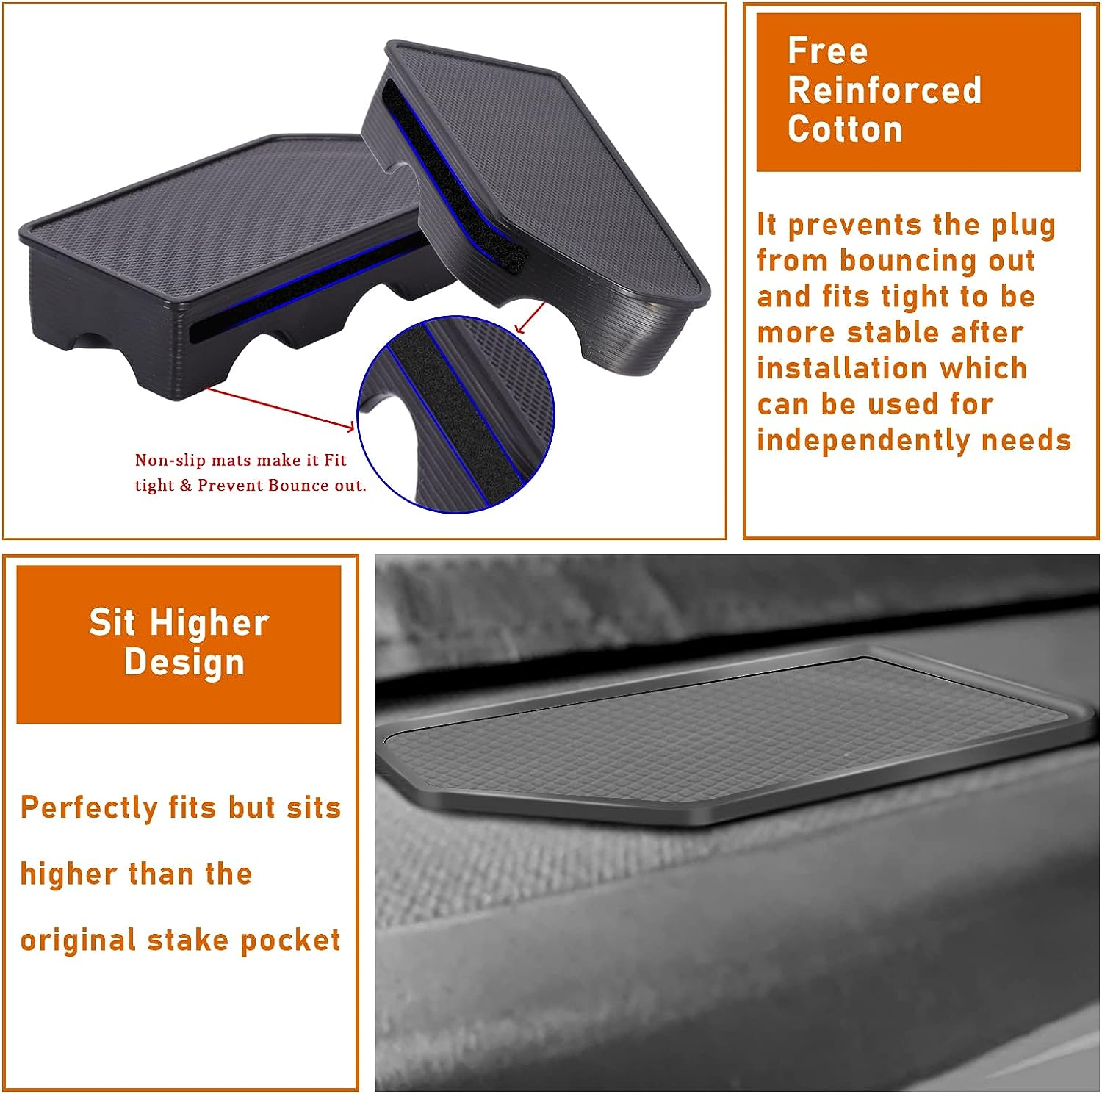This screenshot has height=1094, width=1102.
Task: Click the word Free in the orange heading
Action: pos(827,51)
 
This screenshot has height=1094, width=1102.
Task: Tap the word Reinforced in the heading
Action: pos(884,90)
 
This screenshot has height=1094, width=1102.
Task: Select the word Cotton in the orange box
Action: pos(845,129)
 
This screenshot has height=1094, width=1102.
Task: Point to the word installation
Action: pos(892,368)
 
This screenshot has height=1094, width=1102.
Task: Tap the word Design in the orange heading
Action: pos(184,662)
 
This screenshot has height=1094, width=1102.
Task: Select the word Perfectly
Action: pos(89,807)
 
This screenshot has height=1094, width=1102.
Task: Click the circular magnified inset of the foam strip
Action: pos(455,415)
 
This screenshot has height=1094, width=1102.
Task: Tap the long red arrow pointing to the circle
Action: pos(279,408)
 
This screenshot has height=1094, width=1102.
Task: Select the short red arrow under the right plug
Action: pos(530,317)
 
